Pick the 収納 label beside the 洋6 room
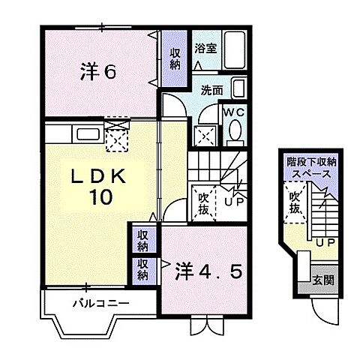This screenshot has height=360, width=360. click(x=174, y=59)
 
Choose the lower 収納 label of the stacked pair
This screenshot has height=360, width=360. click(x=142, y=268)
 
